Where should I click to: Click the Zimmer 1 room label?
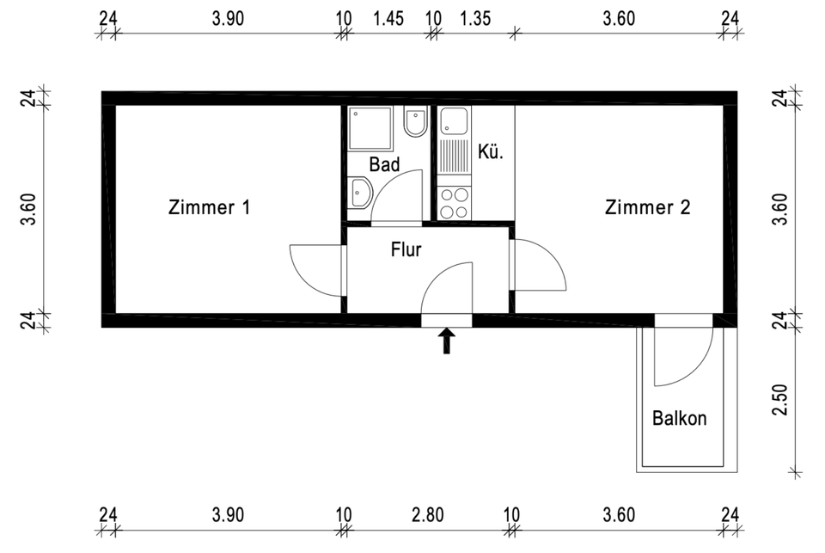209,207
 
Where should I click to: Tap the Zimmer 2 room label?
647,207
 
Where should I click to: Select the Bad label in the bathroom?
384,164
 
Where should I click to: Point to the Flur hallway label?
406,249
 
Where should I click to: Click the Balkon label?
679,418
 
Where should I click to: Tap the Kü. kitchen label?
491,151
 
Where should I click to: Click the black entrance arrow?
447,341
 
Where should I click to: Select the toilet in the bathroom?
415,121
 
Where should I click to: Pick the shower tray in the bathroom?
370,128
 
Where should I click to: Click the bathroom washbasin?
360,193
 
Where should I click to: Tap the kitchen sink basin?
454,120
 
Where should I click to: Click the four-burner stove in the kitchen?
454,203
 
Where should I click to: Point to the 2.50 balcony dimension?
781,400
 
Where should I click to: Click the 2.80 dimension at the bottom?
428,514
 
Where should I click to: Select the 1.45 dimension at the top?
388,18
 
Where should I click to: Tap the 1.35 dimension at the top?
475,18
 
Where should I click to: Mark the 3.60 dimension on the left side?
29,209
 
